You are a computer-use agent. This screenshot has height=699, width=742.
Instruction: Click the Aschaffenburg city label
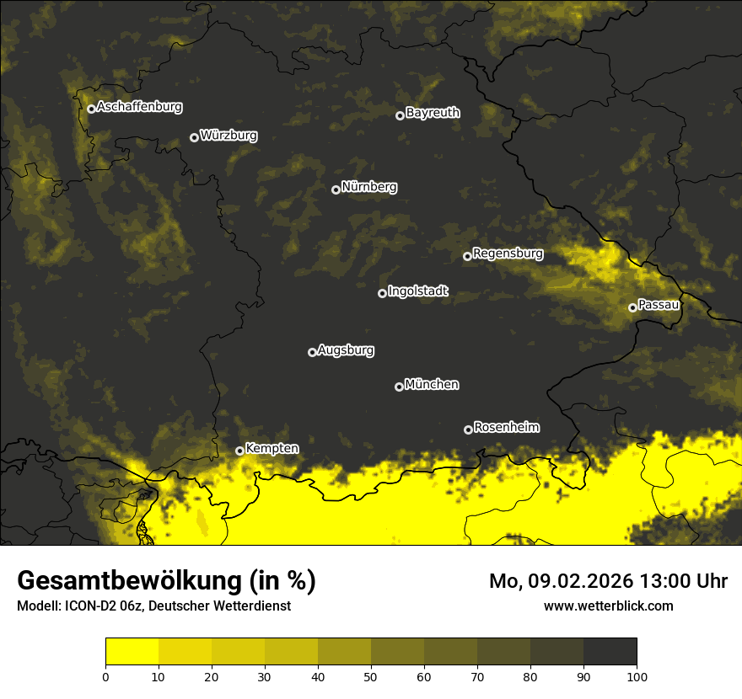pos(139,107)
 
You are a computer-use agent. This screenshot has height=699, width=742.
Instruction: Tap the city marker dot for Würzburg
pos(194,137)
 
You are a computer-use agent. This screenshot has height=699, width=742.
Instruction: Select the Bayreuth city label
pos(433,112)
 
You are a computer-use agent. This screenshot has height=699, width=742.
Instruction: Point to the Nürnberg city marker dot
pos(336,189)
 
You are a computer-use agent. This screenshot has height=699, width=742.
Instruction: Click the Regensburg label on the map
pos(508,253)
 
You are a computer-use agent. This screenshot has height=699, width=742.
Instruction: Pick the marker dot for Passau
pos(632,307)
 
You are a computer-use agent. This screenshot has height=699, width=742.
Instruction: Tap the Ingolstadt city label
pos(418,291)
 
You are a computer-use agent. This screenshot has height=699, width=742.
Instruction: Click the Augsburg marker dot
pos(312,352)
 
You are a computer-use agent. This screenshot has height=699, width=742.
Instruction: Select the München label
pos(432,384)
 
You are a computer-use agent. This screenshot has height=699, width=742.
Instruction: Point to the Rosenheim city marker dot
pos(468,430)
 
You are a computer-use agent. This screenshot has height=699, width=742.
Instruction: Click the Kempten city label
pos(272,448)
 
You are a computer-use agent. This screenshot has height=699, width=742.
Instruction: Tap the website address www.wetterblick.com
pos(608,606)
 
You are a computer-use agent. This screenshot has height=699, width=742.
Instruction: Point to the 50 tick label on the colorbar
pos(371,676)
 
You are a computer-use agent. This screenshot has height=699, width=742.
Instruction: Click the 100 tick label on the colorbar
pos(637,676)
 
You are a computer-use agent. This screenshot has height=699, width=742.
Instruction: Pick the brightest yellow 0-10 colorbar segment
pos(132,652)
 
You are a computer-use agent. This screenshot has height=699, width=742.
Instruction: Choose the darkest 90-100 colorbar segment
pos(610,652)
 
